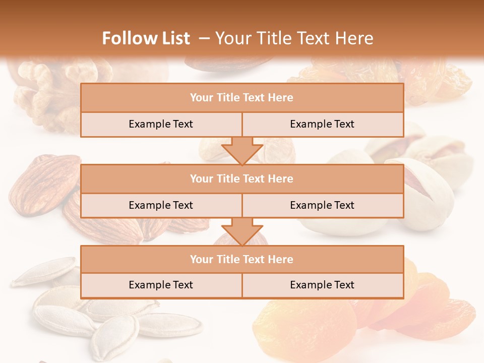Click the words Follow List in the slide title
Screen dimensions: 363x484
click(146, 38)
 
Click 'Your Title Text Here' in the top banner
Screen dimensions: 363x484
click(294, 38)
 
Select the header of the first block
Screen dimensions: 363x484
click(241, 98)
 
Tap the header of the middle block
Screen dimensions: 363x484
click(241, 178)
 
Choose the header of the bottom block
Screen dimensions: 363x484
click(241, 259)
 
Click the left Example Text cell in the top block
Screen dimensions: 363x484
click(161, 124)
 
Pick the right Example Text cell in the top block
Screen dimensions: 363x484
click(322, 124)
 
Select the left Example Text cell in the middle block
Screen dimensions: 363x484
click(161, 205)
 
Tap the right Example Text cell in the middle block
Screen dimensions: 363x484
click(322, 205)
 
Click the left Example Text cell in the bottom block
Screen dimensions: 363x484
click(161, 285)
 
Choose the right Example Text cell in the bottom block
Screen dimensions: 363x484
click(322, 285)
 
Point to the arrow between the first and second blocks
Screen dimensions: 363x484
click(242, 150)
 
